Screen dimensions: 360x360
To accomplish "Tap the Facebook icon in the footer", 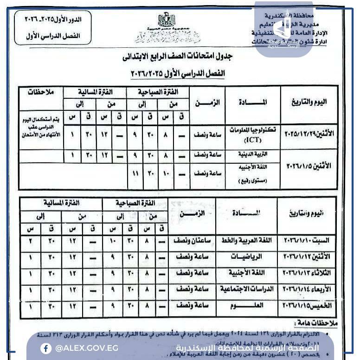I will coord(46,348).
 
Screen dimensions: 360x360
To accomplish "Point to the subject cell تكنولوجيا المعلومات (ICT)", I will coord(253,134).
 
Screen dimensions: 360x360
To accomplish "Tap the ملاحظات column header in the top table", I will coord(41,91).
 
